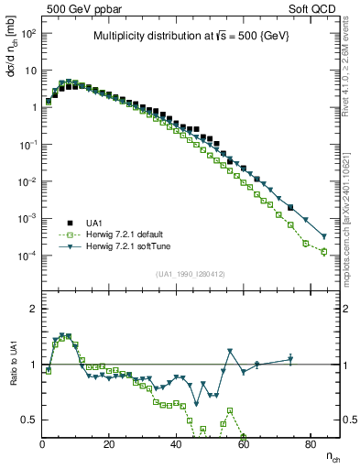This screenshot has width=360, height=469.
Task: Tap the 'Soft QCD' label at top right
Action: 311,8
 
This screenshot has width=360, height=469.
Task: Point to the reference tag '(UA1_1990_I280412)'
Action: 190,273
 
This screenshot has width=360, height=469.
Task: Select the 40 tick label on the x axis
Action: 176,444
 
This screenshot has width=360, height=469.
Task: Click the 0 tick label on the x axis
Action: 42,444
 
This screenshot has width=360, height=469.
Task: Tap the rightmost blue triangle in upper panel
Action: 324,236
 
